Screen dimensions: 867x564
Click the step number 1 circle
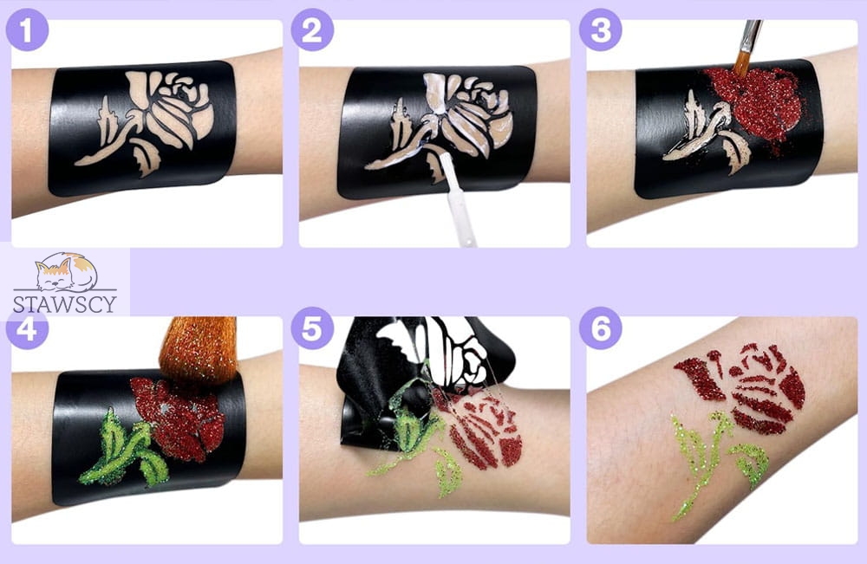27,29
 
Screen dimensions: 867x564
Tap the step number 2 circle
312,29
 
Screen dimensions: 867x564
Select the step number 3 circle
601,29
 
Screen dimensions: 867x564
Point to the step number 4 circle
27,330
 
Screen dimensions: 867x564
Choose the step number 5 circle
312,328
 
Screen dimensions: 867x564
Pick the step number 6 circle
601,328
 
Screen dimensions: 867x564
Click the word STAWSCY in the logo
65,304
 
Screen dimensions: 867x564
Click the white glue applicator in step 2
458,200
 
